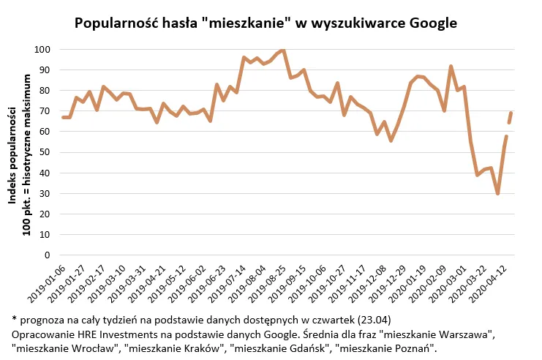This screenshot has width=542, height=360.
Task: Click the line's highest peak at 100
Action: pos(282,50)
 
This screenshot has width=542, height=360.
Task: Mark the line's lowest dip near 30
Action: pos(497,193)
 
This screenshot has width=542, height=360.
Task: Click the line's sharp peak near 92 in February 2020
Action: pos(451,67)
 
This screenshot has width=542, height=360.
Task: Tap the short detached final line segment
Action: pos(510,117)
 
